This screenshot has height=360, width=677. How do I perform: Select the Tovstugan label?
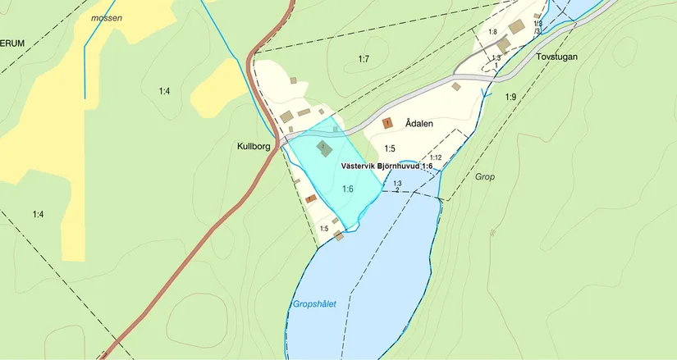pos(557,57)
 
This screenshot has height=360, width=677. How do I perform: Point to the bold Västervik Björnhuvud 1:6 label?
pos(386,166)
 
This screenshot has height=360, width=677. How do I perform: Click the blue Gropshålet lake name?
pos(314,304)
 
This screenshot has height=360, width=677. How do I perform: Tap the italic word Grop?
pos(485,176)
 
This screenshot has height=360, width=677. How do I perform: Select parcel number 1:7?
pos(364,58)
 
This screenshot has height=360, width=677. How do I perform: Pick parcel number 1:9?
pos(510,98)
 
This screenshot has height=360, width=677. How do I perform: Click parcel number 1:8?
pos(492,31)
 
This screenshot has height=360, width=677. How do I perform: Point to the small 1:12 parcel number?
pos(436,157)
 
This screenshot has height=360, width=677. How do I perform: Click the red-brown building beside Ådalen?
pos(388,123)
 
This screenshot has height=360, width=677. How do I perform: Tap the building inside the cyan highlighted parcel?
pos(324,148)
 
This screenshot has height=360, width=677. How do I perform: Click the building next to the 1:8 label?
pos(516,27)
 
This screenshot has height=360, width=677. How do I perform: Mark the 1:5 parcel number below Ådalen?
pos(390,148)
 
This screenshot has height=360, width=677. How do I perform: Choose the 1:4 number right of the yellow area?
pos(164,91)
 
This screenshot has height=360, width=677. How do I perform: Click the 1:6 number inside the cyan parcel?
pos(347,189)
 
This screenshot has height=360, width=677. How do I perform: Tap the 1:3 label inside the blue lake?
pos(397,183)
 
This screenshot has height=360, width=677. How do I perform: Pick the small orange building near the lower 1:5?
pos(311,198)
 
